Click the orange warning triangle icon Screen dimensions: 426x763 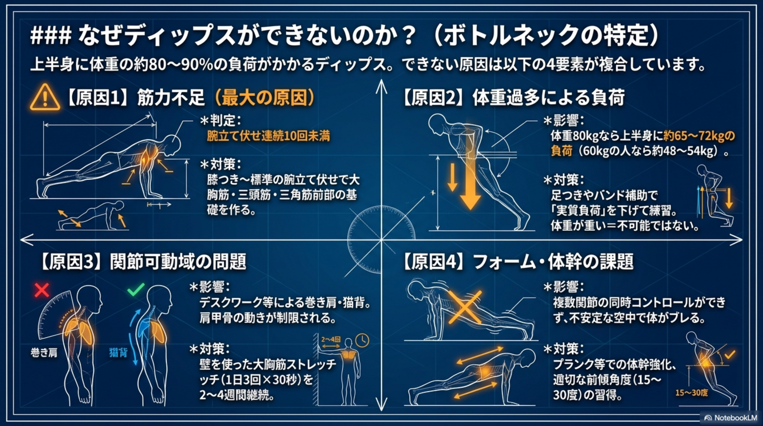(x=45, y=97)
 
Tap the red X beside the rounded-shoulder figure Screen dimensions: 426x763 (x=42, y=290)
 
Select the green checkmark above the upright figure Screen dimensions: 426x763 (x=136, y=289)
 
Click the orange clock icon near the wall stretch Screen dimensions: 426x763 (x=362, y=340)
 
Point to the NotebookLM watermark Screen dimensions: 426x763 (x=730, y=418)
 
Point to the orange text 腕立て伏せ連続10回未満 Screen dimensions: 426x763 (x=268, y=136)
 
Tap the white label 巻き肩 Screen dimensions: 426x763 (x=44, y=353)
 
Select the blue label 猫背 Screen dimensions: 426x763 (x=118, y=353)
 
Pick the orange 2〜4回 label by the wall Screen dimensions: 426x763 (x=331, y=339)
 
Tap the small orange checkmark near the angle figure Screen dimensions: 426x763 (x=730, y=354)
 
